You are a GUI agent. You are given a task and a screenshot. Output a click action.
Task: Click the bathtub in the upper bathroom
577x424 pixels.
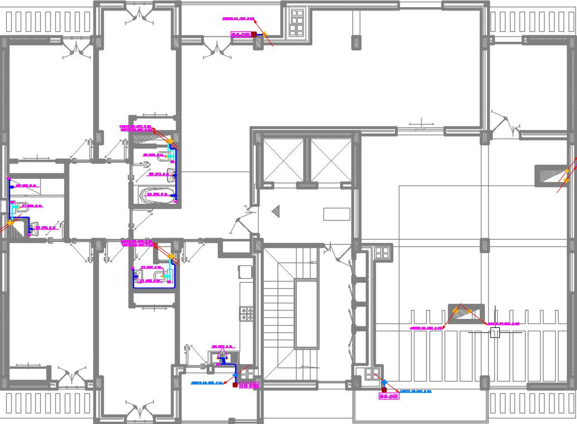pyautogui.click(x=156, y=194)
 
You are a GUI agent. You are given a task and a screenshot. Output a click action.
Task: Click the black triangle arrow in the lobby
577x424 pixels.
pyautogui.click(x=275, y=211)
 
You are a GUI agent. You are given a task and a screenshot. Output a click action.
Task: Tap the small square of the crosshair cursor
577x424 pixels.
pyautogui.click(x=495, y=333)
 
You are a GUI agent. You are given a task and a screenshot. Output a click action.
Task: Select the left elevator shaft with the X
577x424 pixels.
pyautogui.click(x=283, y=160)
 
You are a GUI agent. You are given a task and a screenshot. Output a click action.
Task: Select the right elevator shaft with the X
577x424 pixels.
pyautogui.click(x=331, y=160)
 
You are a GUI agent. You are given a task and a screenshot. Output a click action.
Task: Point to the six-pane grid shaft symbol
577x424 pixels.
pyautogui.click(x=297, y=22)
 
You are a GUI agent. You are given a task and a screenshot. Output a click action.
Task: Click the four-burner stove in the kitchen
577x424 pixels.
pyautogui.click(x=246, y=314)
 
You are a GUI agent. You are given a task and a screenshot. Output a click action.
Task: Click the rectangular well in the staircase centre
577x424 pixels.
pyautogui.click(x=307, y=315)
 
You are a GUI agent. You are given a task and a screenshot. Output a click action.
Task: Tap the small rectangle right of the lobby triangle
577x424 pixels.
pyautogui.click(x=336, y=214)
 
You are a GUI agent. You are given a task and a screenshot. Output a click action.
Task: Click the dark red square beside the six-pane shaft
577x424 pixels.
pyautogui.click(x=254, y=35)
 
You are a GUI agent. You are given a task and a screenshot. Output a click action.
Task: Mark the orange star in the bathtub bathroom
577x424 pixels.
pyautogui.click(x=170, y=142)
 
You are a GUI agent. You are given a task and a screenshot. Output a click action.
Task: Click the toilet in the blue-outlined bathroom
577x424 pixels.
pyautogui.click(x=140, y=274)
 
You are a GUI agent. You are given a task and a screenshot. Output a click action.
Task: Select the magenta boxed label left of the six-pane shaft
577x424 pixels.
pyautogui.click(x=240, y=35)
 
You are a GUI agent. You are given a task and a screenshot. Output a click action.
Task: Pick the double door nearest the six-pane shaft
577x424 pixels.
pyautogui.click(x=217, y=50)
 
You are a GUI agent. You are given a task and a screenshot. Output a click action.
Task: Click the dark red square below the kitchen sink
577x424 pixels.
pyautogui.click(x=235, y=385)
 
